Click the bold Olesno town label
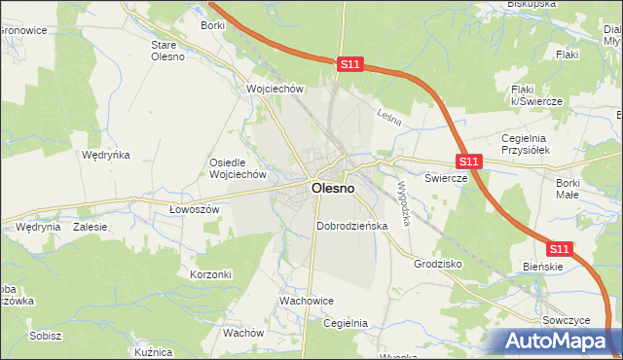click(x=332, y=189)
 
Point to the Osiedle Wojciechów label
click(x=238, y=168)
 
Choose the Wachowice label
click(x=307, y=302)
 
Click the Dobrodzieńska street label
click(x=352, y=226)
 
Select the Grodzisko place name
click(x=437, y=264)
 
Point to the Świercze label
click(x=447, y=178)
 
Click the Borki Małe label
click(x=568, y=189)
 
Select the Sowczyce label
click(x=566, y=319)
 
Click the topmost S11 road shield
click(x=351, y=65)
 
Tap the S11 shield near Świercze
click(x=469, y=162)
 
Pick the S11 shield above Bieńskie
click(x=559, y=249)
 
